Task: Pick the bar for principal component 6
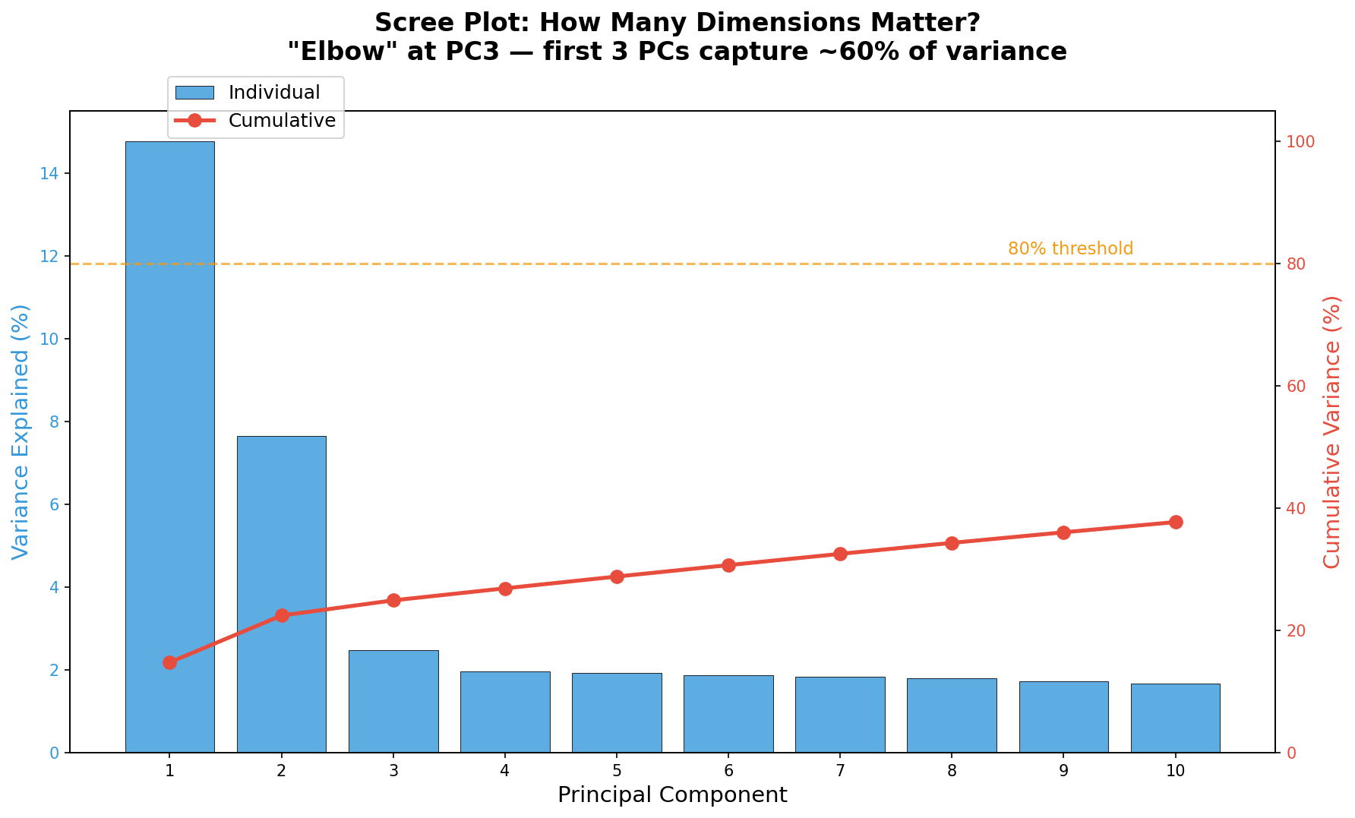[x=728, y=714]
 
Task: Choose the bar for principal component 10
[x=1175, y=718]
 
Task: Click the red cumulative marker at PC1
[x=169, y=662]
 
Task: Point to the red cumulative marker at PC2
[x=282, y=615]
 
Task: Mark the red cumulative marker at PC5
[x=617, y=576]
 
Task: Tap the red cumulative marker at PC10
[x=1176, y=522]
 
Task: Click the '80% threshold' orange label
[x=1070, y=249]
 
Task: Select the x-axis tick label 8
[x=952, y=771]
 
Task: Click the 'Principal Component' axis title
[x=672, y=795]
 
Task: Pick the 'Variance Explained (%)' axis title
[x=21, y=431]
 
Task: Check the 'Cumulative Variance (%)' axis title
[x=1333, y=431]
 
